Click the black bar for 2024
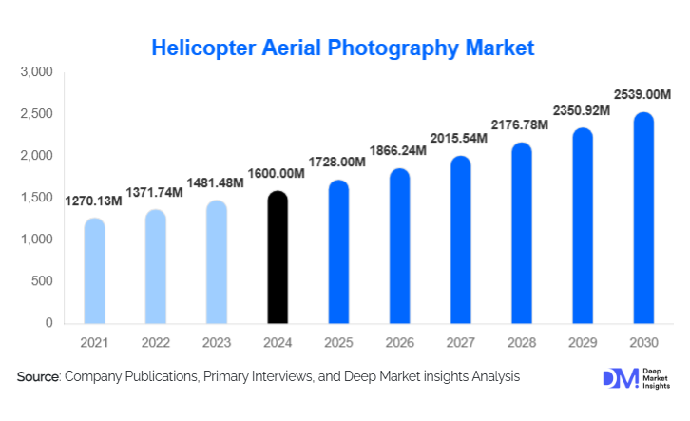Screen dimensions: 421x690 tap(277, 257)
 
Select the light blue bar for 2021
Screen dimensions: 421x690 tap(94, 271)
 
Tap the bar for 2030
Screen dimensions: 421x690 tap(642, 218)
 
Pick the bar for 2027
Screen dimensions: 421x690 tap(460, 239)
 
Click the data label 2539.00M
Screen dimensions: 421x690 tap(642, 95)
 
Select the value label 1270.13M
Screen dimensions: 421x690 tap(95, 201)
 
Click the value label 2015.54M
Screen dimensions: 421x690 tap(460, 138)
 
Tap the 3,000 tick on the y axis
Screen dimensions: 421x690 tap(37, 72)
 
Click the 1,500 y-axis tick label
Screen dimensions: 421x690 tap(37, 198)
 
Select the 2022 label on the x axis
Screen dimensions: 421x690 tap(155, 342)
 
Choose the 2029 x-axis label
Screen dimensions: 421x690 tap(582, 342)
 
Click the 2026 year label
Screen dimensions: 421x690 tap(399, 342)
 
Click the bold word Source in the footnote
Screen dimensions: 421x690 tap(38, 377)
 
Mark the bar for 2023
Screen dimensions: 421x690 tap(216, 261)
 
